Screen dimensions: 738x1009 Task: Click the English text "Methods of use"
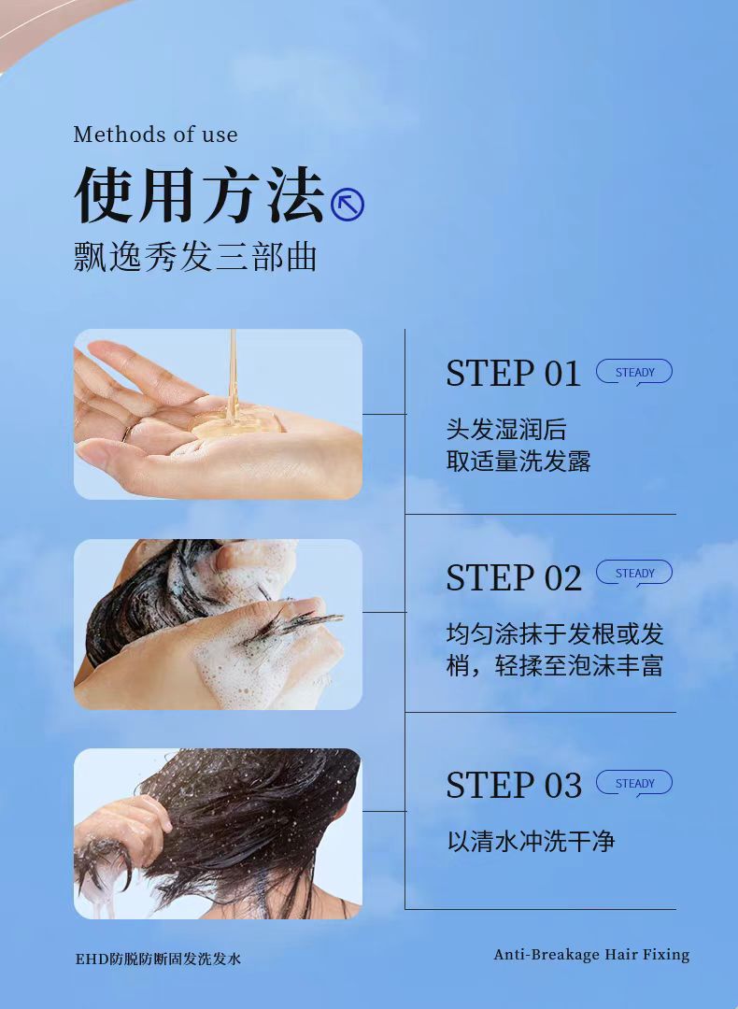click(156, 135)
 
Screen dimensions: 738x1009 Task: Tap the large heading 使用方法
click(200, 194)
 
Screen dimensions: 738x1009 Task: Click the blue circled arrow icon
click(348, 205)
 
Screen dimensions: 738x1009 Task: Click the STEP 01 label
click(514, 373)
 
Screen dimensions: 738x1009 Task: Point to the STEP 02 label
click(514, 577)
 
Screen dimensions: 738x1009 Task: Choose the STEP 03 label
click(514, 785)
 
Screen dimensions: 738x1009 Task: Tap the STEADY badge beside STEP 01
click(634, 372)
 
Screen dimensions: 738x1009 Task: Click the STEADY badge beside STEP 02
click(634, 573)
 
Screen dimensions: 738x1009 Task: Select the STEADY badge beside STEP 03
click(634, 783)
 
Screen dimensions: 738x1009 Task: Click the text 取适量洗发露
click(518, 462)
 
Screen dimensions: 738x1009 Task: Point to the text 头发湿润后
click(506, 429)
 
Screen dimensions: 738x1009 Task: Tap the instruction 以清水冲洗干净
click(531, 841)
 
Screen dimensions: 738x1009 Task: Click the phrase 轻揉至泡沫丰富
click(579, 666)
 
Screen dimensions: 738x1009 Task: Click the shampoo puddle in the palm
click(236, 423)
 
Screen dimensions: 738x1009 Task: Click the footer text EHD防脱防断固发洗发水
click(158, 959)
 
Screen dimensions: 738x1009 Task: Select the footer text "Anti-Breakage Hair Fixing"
click(591, 955)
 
